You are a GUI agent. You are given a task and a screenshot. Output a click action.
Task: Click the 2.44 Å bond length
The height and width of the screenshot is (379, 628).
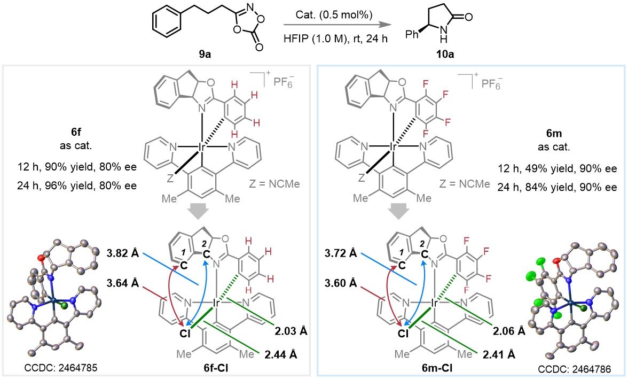click(281, 354)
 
